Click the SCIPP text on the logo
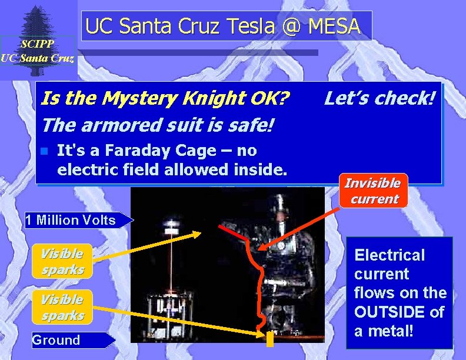pos(37,44)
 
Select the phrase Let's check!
pos(380,98)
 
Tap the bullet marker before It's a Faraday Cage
pos(44,151)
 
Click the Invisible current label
pos(372,191)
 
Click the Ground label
pos(56,340)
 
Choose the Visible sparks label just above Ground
pos(62,307)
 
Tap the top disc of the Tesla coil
pos(172,225)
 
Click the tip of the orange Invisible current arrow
pos(260,251)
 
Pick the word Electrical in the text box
pos(389,255)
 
